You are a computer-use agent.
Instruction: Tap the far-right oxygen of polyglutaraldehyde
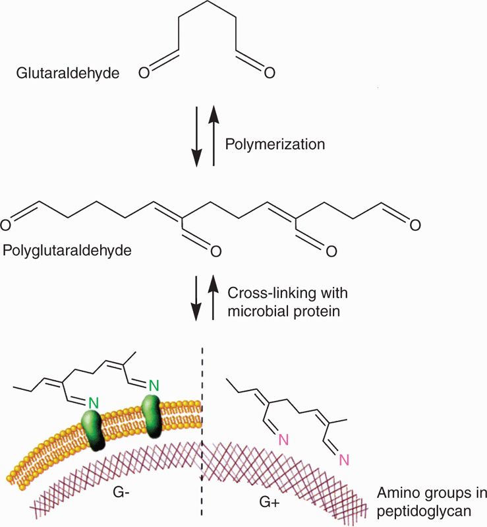415,226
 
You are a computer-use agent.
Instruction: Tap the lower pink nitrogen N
342,462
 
